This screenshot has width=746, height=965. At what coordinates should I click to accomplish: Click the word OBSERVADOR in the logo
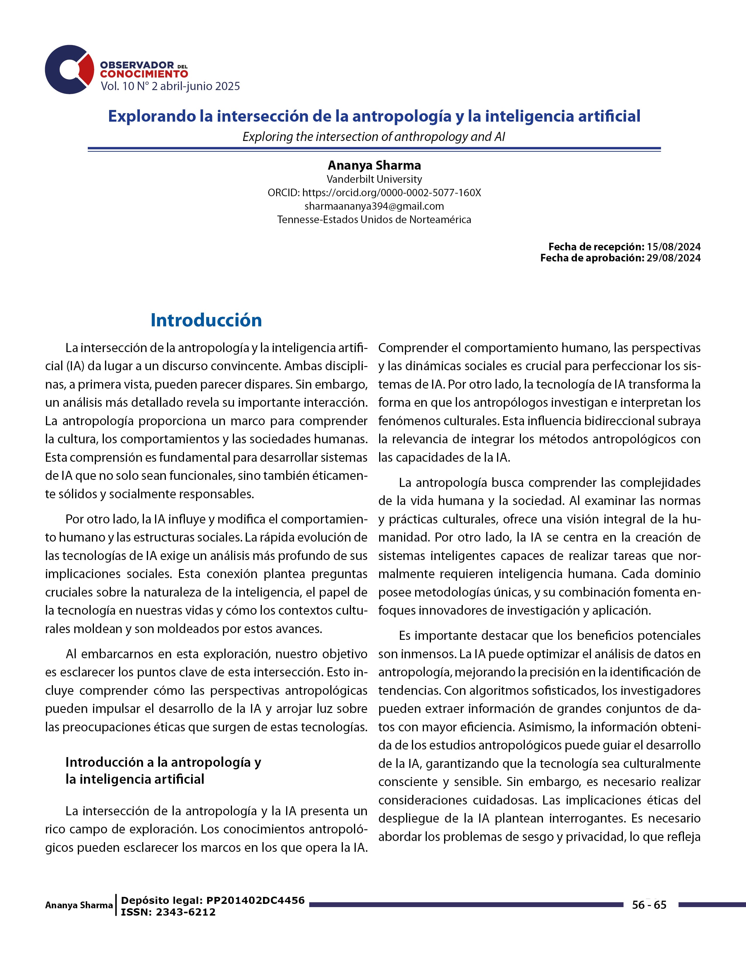(137, 65)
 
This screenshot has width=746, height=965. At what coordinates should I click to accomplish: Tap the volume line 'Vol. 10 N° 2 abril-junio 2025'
(170, 86)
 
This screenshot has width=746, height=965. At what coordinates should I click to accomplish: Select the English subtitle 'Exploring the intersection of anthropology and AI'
(374, 137)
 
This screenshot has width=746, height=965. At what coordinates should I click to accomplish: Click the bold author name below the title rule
(374, 165)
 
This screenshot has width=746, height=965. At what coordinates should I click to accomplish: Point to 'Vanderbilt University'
(374, 179)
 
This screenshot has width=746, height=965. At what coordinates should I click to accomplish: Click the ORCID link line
(374, 193)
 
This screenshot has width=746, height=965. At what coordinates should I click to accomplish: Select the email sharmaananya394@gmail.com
(374, 206)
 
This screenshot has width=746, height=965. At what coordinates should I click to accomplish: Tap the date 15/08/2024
(673, 247)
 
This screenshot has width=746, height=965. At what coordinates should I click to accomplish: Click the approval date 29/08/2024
(673, 258)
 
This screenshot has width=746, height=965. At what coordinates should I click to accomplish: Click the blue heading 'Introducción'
(206, 320)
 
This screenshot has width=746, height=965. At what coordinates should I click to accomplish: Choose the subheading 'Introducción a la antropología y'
(163, 762)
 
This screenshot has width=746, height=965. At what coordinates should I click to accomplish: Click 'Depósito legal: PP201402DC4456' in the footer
(213, 900)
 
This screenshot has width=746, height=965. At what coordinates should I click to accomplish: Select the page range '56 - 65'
(649, 905)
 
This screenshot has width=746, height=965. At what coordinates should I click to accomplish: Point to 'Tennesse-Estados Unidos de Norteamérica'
(374, 220)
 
